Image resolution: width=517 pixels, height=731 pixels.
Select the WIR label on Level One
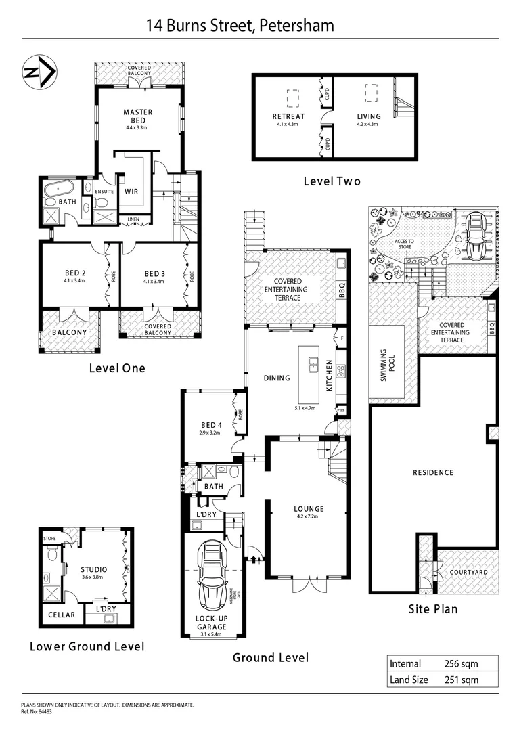pyautogui.click(x=131, y=192)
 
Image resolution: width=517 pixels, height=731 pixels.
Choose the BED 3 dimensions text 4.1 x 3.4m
pyautogui.click(x=156, y=282)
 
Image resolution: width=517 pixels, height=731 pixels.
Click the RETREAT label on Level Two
pyautogui.click(x=288, y=116)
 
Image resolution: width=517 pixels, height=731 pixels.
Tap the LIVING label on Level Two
pyautogui.click(x=369, y=116)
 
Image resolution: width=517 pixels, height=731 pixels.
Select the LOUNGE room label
pyautogui.click(x=309, y=509)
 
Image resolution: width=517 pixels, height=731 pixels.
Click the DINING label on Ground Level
pyautogui.click(x=277, y=378)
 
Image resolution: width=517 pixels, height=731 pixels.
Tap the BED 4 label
pyautogui.click(x=210, y=425)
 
